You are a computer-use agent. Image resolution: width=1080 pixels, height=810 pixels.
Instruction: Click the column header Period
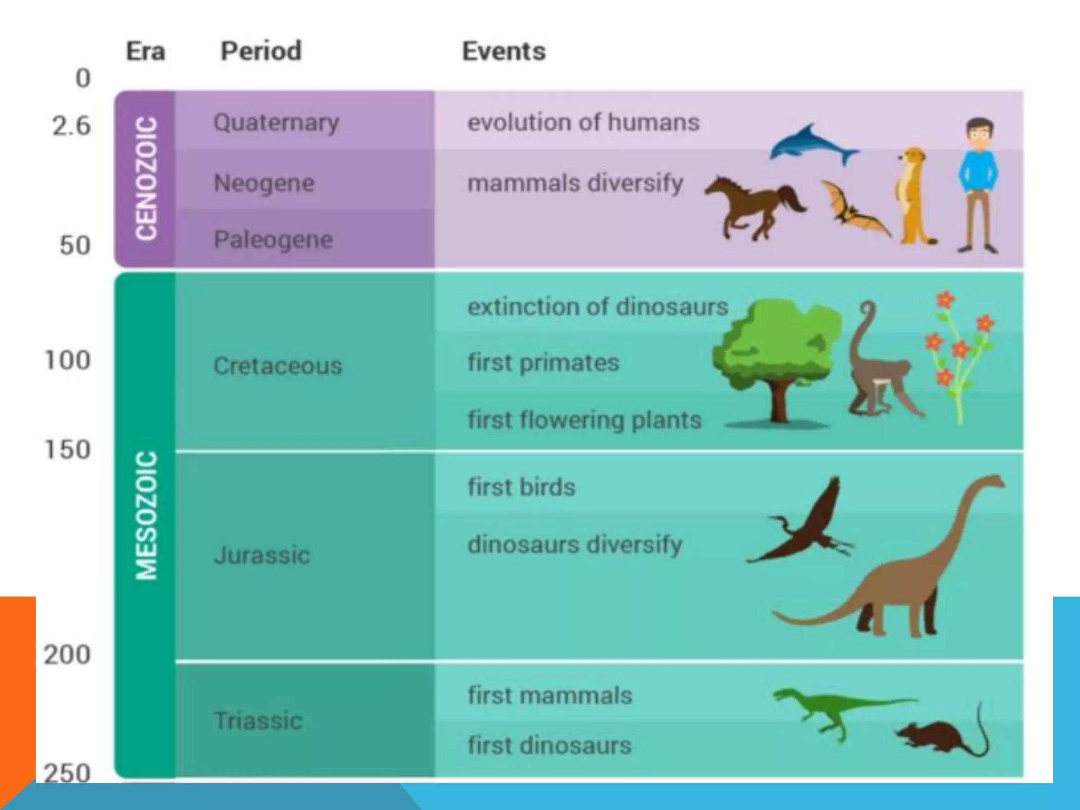click(x=261, y=52)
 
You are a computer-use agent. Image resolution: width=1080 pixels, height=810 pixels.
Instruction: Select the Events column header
click(x=504, y=52)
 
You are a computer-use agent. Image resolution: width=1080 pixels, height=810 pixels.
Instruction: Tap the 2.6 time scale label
click(x=71, y=126)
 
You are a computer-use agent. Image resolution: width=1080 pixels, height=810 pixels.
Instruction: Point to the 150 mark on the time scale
click(x=67, y=450)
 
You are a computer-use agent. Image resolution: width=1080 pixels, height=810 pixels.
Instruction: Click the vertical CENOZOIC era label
click(x=146, y=178)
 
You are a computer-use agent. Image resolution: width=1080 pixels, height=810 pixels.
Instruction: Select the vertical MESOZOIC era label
click(x=146, y=516)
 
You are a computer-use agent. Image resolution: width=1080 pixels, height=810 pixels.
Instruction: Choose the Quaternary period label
click(x=276, y=123)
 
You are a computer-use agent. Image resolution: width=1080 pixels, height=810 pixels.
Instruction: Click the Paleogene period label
click(x=273, y=240)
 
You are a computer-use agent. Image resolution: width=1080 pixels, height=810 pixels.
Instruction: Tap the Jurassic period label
click(x=262, y=555)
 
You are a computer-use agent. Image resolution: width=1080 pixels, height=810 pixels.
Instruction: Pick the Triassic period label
click(x=258, y=721)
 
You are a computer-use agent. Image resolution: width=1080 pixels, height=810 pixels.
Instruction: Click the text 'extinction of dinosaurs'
click(x=597, y=307)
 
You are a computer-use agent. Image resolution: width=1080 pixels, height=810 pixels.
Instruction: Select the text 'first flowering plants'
click(x=584, y=420)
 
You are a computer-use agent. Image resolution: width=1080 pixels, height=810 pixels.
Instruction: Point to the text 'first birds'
click(x=521, y=487)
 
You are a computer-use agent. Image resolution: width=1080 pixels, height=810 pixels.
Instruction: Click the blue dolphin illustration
click(x=812, y=143)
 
